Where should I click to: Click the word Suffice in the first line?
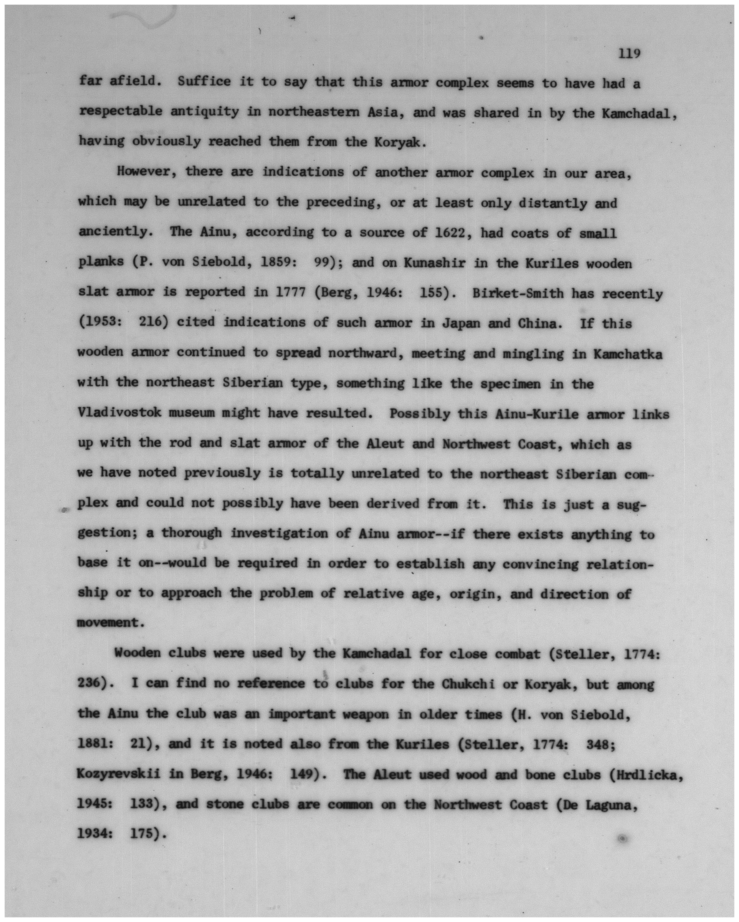[x=204, y=81]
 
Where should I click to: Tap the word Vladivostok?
[x=119, y=413]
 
